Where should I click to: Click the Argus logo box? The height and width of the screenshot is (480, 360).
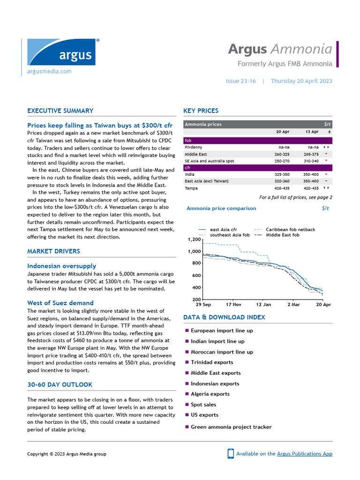pyautogui.click(x=61, y=52)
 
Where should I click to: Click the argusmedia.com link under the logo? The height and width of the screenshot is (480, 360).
pyautogui.click(x=49, y=71)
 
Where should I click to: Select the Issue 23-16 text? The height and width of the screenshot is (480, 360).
pyautogui.click(x=240, y=81)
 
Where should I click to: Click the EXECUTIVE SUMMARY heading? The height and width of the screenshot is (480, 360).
pyautogui.click(x=60, y=111)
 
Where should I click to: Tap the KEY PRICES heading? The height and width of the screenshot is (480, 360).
pyautogui.click(x=201, y=111)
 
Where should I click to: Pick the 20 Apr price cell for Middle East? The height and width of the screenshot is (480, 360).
pyautogui.click(x=282, y=154)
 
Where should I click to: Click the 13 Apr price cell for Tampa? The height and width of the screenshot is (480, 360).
pyautogui.click(x=311, y=188)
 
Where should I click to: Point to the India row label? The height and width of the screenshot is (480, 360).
pyautogui.click(x=190, y=174)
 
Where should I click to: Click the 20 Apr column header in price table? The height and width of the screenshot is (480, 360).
pyautogui.click(x=283, y=132)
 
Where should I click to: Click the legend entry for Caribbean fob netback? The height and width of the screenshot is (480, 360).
pyautogui.click(x=290, y=230)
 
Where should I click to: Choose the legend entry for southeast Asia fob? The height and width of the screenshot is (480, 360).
pyautogui.click(x=230, y=235)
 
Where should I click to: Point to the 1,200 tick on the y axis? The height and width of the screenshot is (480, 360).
pyautogui.click(x=194, y=240)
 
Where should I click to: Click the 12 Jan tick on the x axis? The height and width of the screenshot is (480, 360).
pyautogui.click(x=264, y=305)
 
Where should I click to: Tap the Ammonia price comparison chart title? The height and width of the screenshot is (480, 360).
pyautogui.click(x=221, y=208)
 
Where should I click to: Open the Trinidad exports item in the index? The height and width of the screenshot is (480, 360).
pyautogui.click(x=211, y=362)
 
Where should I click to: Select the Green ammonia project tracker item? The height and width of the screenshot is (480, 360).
pyautogui.click(x=231, y=427)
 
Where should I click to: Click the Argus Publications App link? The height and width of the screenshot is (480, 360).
pyautogui.click(x=304, y=454)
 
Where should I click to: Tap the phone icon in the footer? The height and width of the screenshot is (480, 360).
pyautogui.click(x=231, y=453)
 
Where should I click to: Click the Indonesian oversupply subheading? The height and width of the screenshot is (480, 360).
pyautogui.click(x=61, y=266)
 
